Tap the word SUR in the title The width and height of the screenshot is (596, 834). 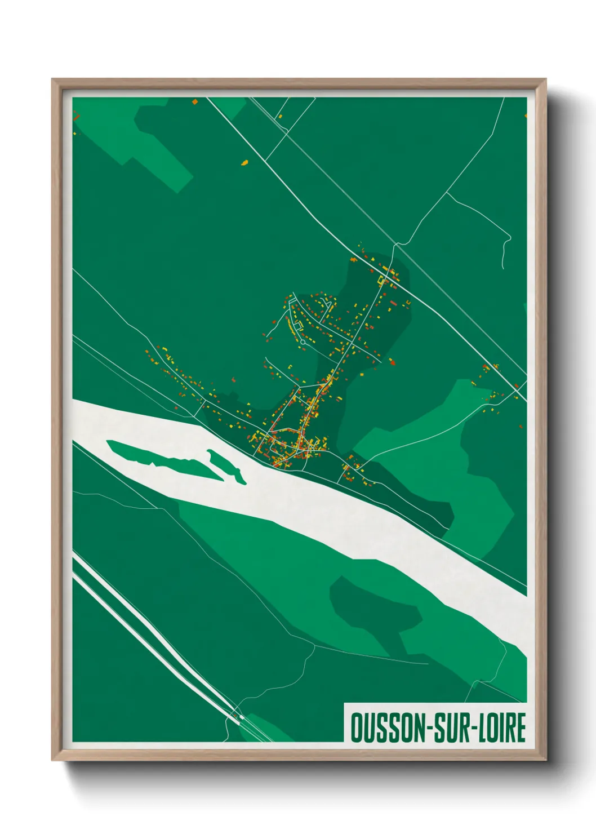pos(453,727)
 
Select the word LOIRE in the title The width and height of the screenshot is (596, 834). pos(502,727)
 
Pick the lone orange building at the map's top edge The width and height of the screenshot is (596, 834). pos(195,103)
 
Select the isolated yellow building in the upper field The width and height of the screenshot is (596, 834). pos(244,163)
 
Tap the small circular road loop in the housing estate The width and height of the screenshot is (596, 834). pos(303,341)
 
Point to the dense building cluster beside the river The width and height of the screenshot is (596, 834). pos(287,445)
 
